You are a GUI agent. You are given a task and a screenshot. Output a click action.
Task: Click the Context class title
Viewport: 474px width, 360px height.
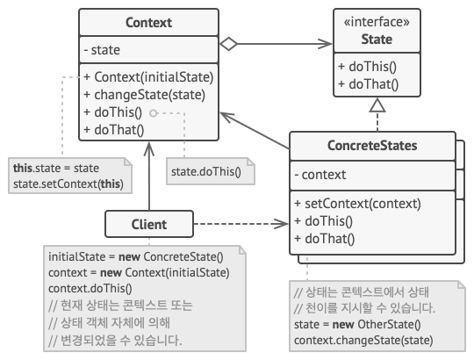(x=148, y=22)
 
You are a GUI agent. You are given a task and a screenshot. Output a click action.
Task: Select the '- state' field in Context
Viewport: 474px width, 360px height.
(x=102, y=50)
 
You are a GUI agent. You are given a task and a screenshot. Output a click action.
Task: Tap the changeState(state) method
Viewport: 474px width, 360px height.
(x=144, y=95)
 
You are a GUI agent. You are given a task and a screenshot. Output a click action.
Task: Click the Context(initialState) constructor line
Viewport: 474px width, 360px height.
(x=148, y=77)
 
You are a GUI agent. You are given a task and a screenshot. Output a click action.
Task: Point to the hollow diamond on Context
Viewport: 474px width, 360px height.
(x=228, y=44)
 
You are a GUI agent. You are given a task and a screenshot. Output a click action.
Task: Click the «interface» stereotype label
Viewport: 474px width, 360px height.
(x=377, y=22)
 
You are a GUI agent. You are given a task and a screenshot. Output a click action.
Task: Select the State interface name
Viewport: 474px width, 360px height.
(x=377, y=39)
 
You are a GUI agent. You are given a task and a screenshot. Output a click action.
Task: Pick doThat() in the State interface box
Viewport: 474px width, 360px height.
(x=368, y=84)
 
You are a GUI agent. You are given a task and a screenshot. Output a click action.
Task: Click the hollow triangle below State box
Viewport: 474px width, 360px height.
(x=377, y=105)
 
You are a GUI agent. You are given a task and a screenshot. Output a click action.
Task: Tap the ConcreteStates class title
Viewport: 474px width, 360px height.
(x=372, y=146)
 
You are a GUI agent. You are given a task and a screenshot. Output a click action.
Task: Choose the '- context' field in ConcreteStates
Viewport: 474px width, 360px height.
(x=320, y=175)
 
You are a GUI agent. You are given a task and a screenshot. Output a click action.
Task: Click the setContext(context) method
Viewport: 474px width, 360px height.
(x=357, y=204)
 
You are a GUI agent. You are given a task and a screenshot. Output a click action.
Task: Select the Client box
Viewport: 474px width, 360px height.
(x=149, y=224)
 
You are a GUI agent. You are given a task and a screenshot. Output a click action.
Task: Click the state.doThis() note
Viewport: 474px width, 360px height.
(x=211, y=171)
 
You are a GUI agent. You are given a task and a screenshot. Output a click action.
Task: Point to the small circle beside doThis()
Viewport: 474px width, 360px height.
(x=154, y=113)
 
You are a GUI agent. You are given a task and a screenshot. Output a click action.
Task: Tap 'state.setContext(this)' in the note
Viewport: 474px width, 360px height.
(x=68, y=184)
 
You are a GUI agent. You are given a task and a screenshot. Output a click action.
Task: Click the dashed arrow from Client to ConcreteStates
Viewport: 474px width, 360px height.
(x=241, y=224)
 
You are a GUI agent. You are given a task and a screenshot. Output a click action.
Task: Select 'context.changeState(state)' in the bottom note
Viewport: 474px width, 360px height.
(x=363, y=341)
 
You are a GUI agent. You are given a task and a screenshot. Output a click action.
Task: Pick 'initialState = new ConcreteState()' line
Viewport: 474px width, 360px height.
(x=136, y=256)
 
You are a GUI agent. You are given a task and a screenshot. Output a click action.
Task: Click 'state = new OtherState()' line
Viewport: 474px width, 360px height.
(x=357, y=324)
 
